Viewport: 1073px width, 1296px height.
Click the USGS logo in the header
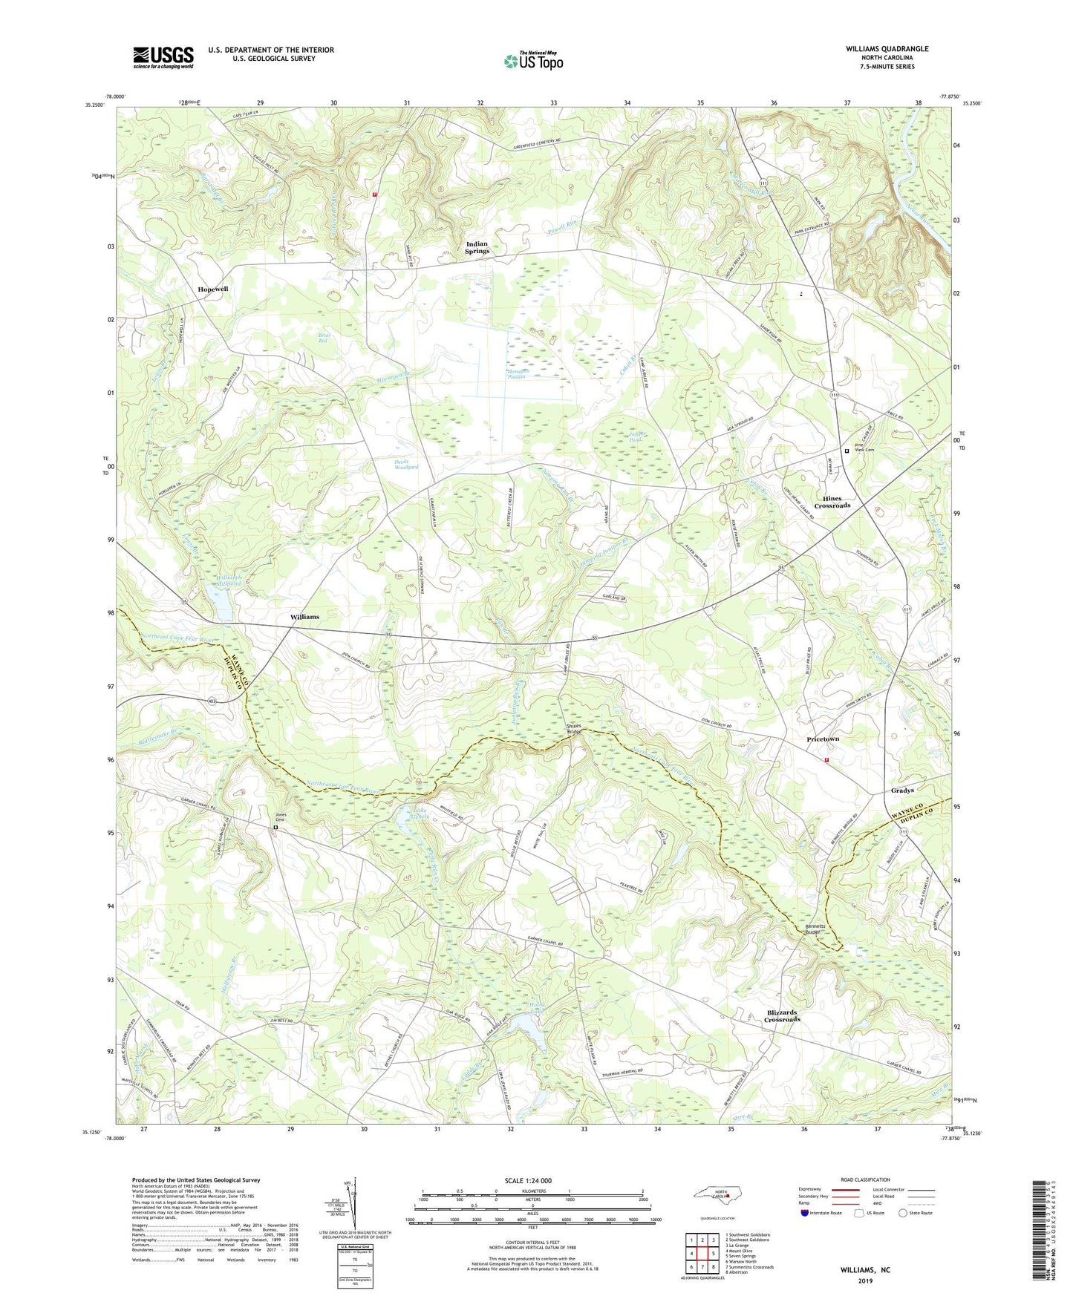pos(163,57)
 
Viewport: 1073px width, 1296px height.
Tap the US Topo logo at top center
pos(533,60)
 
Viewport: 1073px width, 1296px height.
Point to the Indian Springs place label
pos(477,247)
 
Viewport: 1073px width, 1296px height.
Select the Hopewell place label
pos(212,289)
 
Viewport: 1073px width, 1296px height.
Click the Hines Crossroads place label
pos(832,502)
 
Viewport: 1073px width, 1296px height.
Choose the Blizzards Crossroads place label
pos(783,1016)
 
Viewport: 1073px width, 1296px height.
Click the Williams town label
pos(304,617)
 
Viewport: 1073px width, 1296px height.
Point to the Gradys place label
pos(901,791)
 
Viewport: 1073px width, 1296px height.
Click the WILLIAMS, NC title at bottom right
pos(865,1270)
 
